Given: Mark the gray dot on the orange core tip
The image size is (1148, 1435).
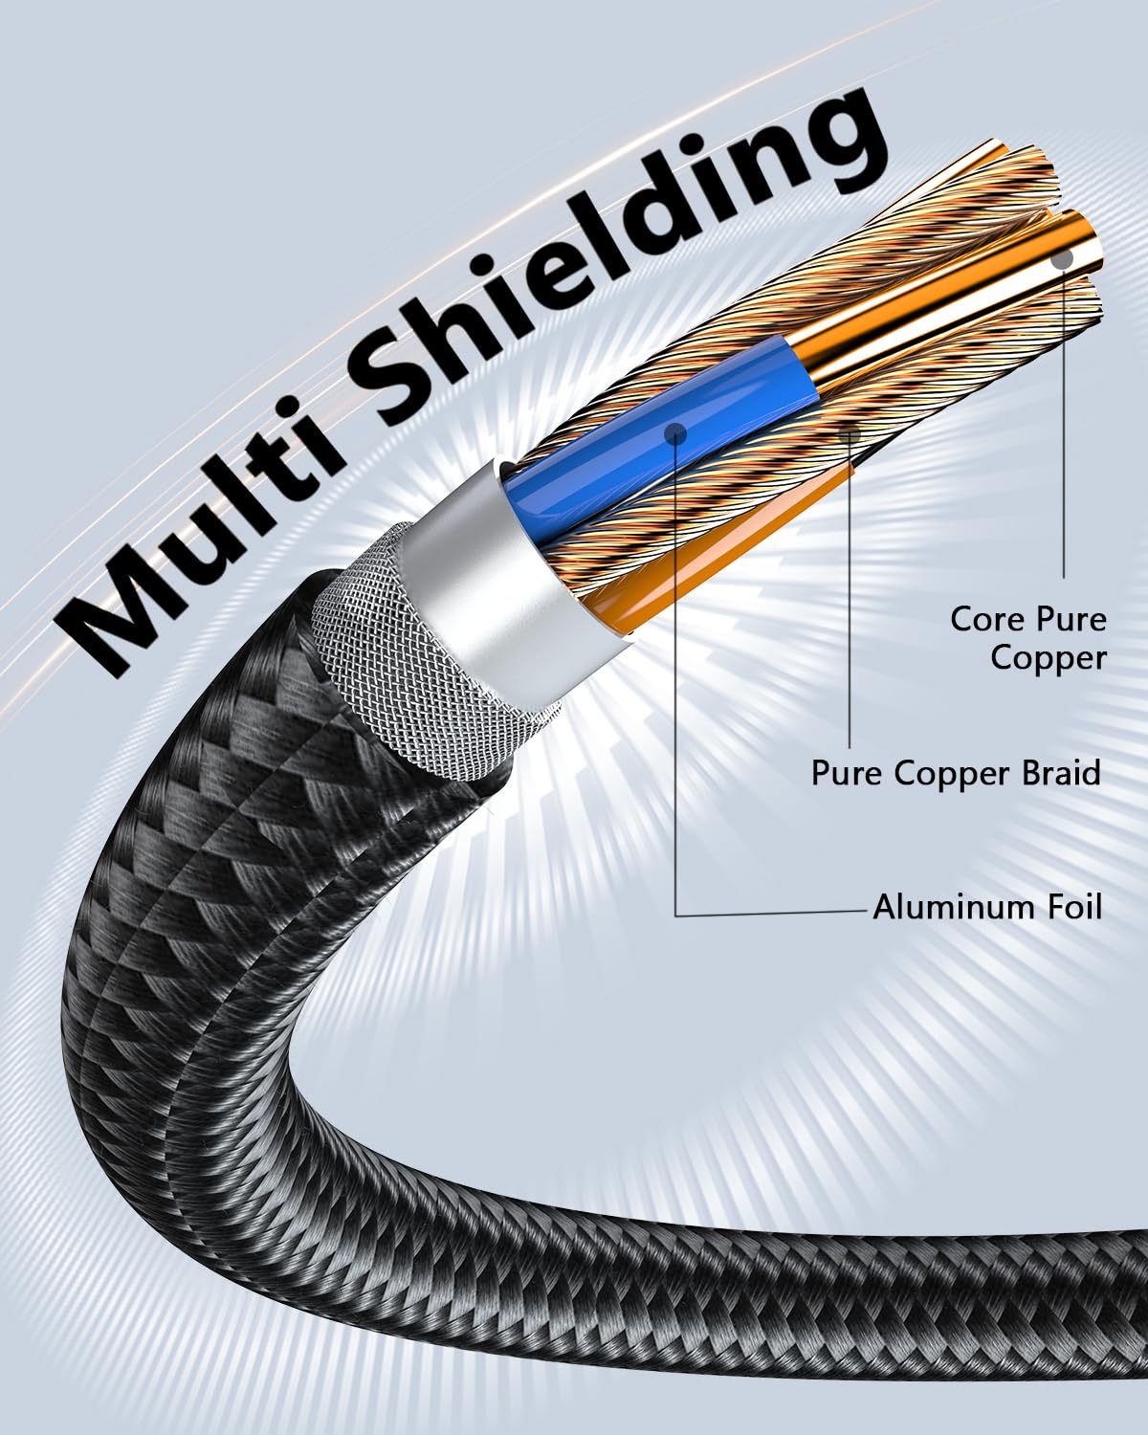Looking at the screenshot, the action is coord(1063,258).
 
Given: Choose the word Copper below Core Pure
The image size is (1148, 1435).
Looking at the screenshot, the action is coord(1048,659).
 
